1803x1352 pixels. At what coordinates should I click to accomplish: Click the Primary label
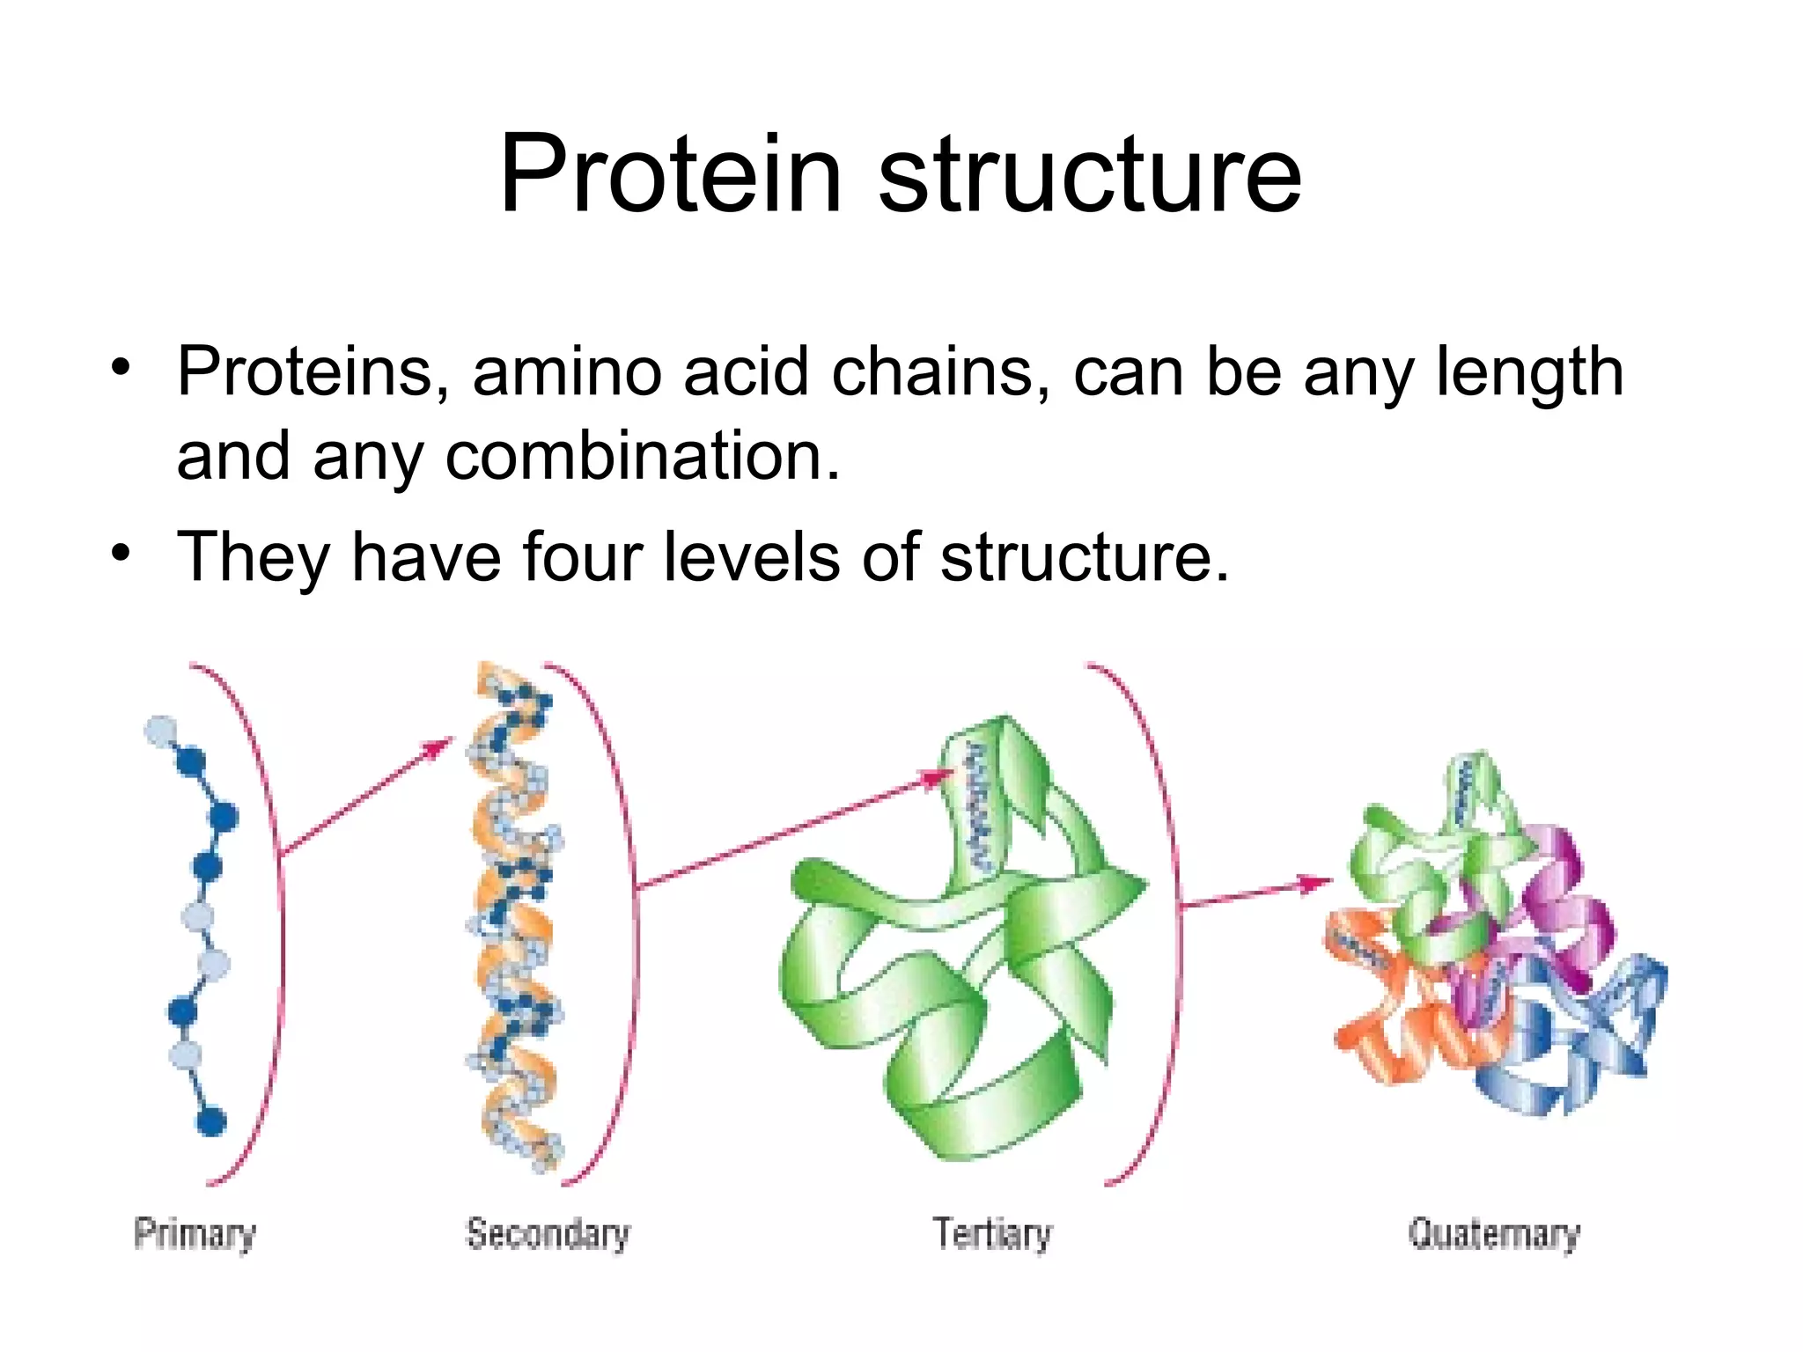195,1233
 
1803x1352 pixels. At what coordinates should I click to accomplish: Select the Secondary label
548,1233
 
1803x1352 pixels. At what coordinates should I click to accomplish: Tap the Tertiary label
992,1233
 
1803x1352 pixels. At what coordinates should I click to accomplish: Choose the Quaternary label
1494,1233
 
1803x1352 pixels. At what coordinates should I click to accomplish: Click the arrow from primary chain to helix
365,797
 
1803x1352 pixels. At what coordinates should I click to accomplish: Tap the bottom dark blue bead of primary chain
211,1121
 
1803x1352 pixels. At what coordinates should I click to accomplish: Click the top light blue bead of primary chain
159,731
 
